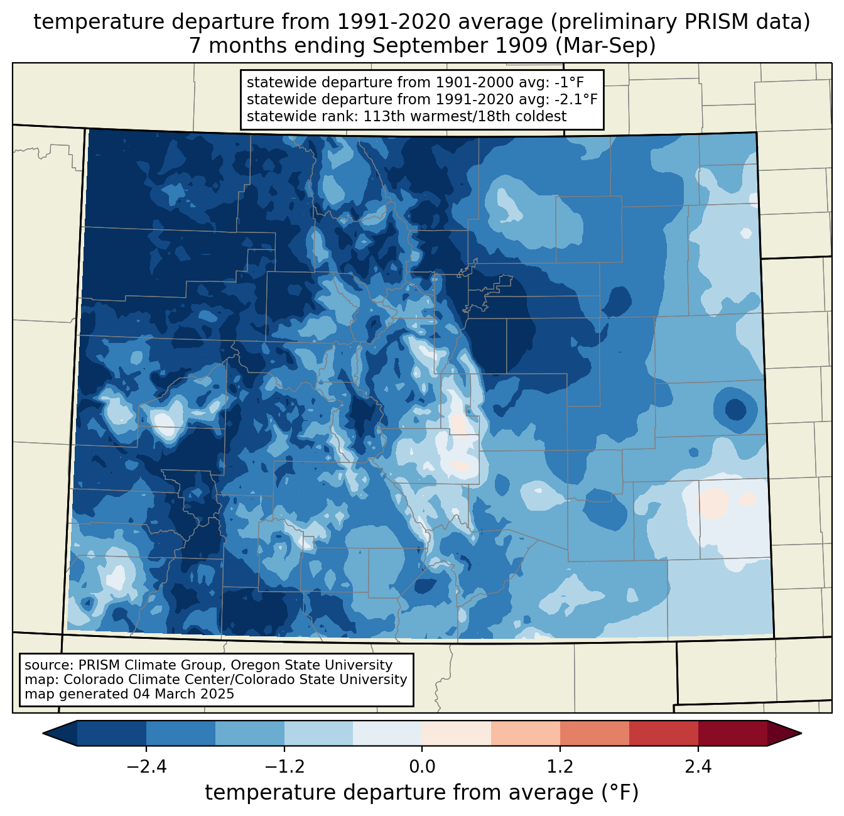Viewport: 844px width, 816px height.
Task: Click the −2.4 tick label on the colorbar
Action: (x=146, y=767)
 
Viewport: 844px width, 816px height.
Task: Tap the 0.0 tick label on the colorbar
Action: (x=422, y=767)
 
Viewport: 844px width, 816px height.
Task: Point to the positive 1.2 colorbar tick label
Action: (x=560, y=767)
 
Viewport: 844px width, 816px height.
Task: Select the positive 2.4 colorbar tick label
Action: (x=698, y=767)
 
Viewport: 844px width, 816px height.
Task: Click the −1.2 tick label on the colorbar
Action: (x=284, y=767)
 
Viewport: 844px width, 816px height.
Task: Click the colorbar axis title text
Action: (x=422, y=793)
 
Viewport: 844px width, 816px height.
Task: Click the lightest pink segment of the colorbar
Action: (x=457, y=733)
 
